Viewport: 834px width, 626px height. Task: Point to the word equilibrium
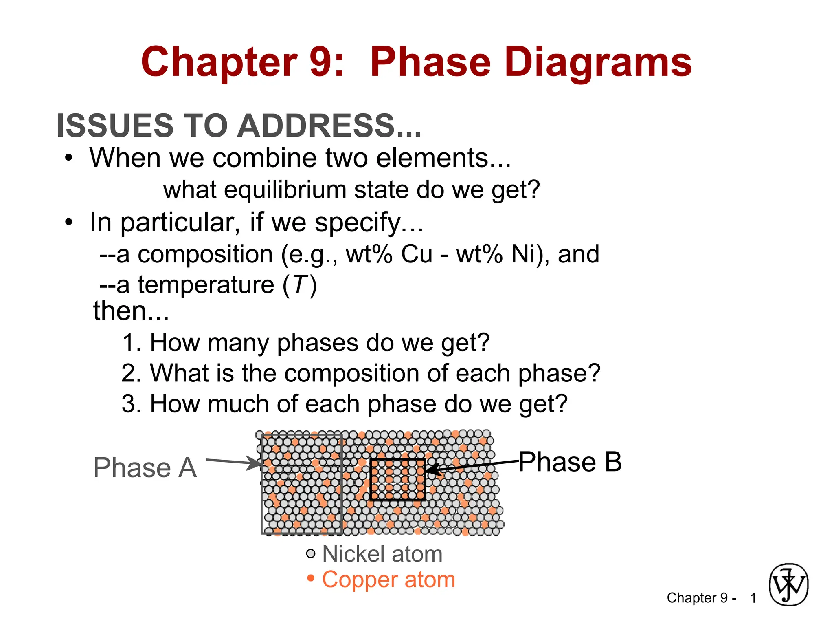[x=285, y=190]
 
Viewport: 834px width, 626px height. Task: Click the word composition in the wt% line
[x=205, y=254]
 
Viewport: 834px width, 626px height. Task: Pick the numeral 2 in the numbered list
[x=130, y=373]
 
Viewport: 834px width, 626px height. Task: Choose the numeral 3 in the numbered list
[x=130, y=404]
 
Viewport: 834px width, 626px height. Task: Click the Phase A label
[x=145, y=467]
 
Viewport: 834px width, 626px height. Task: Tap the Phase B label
[x=570, y=462]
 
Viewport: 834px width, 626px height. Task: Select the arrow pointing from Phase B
[x=472, y=465]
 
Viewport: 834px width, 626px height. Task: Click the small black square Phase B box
[x=397, y=479]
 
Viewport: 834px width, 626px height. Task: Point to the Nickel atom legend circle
[x=310, y=553]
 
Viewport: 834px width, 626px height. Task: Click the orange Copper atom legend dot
[x=311, y=578]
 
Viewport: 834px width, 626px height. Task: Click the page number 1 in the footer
[x=753, y=598]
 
